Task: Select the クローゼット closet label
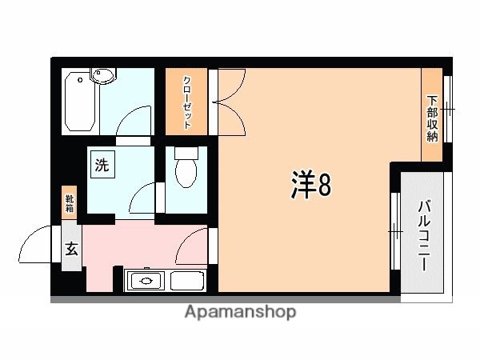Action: (x=186, y=102)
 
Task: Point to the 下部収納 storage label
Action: (x=432, y=118)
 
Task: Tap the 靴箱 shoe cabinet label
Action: (x=70, y=201)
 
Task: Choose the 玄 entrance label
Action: (x=70, y=248)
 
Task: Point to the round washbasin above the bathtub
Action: (x=103, y=77)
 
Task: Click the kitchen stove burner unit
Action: (x=146, y=281)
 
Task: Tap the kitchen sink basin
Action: (x=187, y=281)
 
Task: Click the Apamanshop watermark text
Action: (x=241, y=311)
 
